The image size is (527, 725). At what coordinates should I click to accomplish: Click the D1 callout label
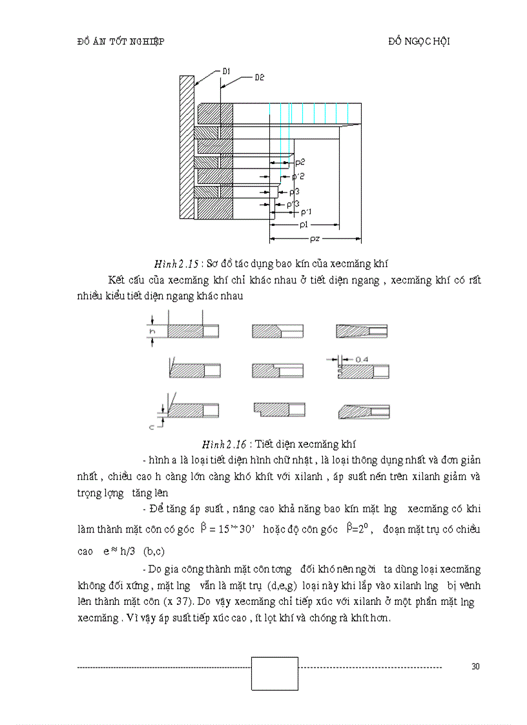[227, 70]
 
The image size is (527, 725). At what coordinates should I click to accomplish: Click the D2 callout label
[259, 77]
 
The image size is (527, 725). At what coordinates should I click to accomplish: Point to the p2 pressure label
[299, 161]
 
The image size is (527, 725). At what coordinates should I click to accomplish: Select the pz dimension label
[314, 238]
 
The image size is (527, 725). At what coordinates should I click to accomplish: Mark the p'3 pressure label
[293, 205]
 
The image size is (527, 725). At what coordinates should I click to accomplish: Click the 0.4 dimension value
[362, 358]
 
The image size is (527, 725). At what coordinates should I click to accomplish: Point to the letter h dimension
[153, 331]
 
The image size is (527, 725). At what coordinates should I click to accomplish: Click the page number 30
[475, 667]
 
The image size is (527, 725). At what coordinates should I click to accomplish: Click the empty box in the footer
[274, 673]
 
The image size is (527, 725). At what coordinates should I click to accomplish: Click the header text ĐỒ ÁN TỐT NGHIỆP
[120, 41]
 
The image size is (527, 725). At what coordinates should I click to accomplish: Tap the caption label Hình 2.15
[176, 263]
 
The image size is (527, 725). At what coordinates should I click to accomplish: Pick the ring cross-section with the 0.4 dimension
[364, 371]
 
